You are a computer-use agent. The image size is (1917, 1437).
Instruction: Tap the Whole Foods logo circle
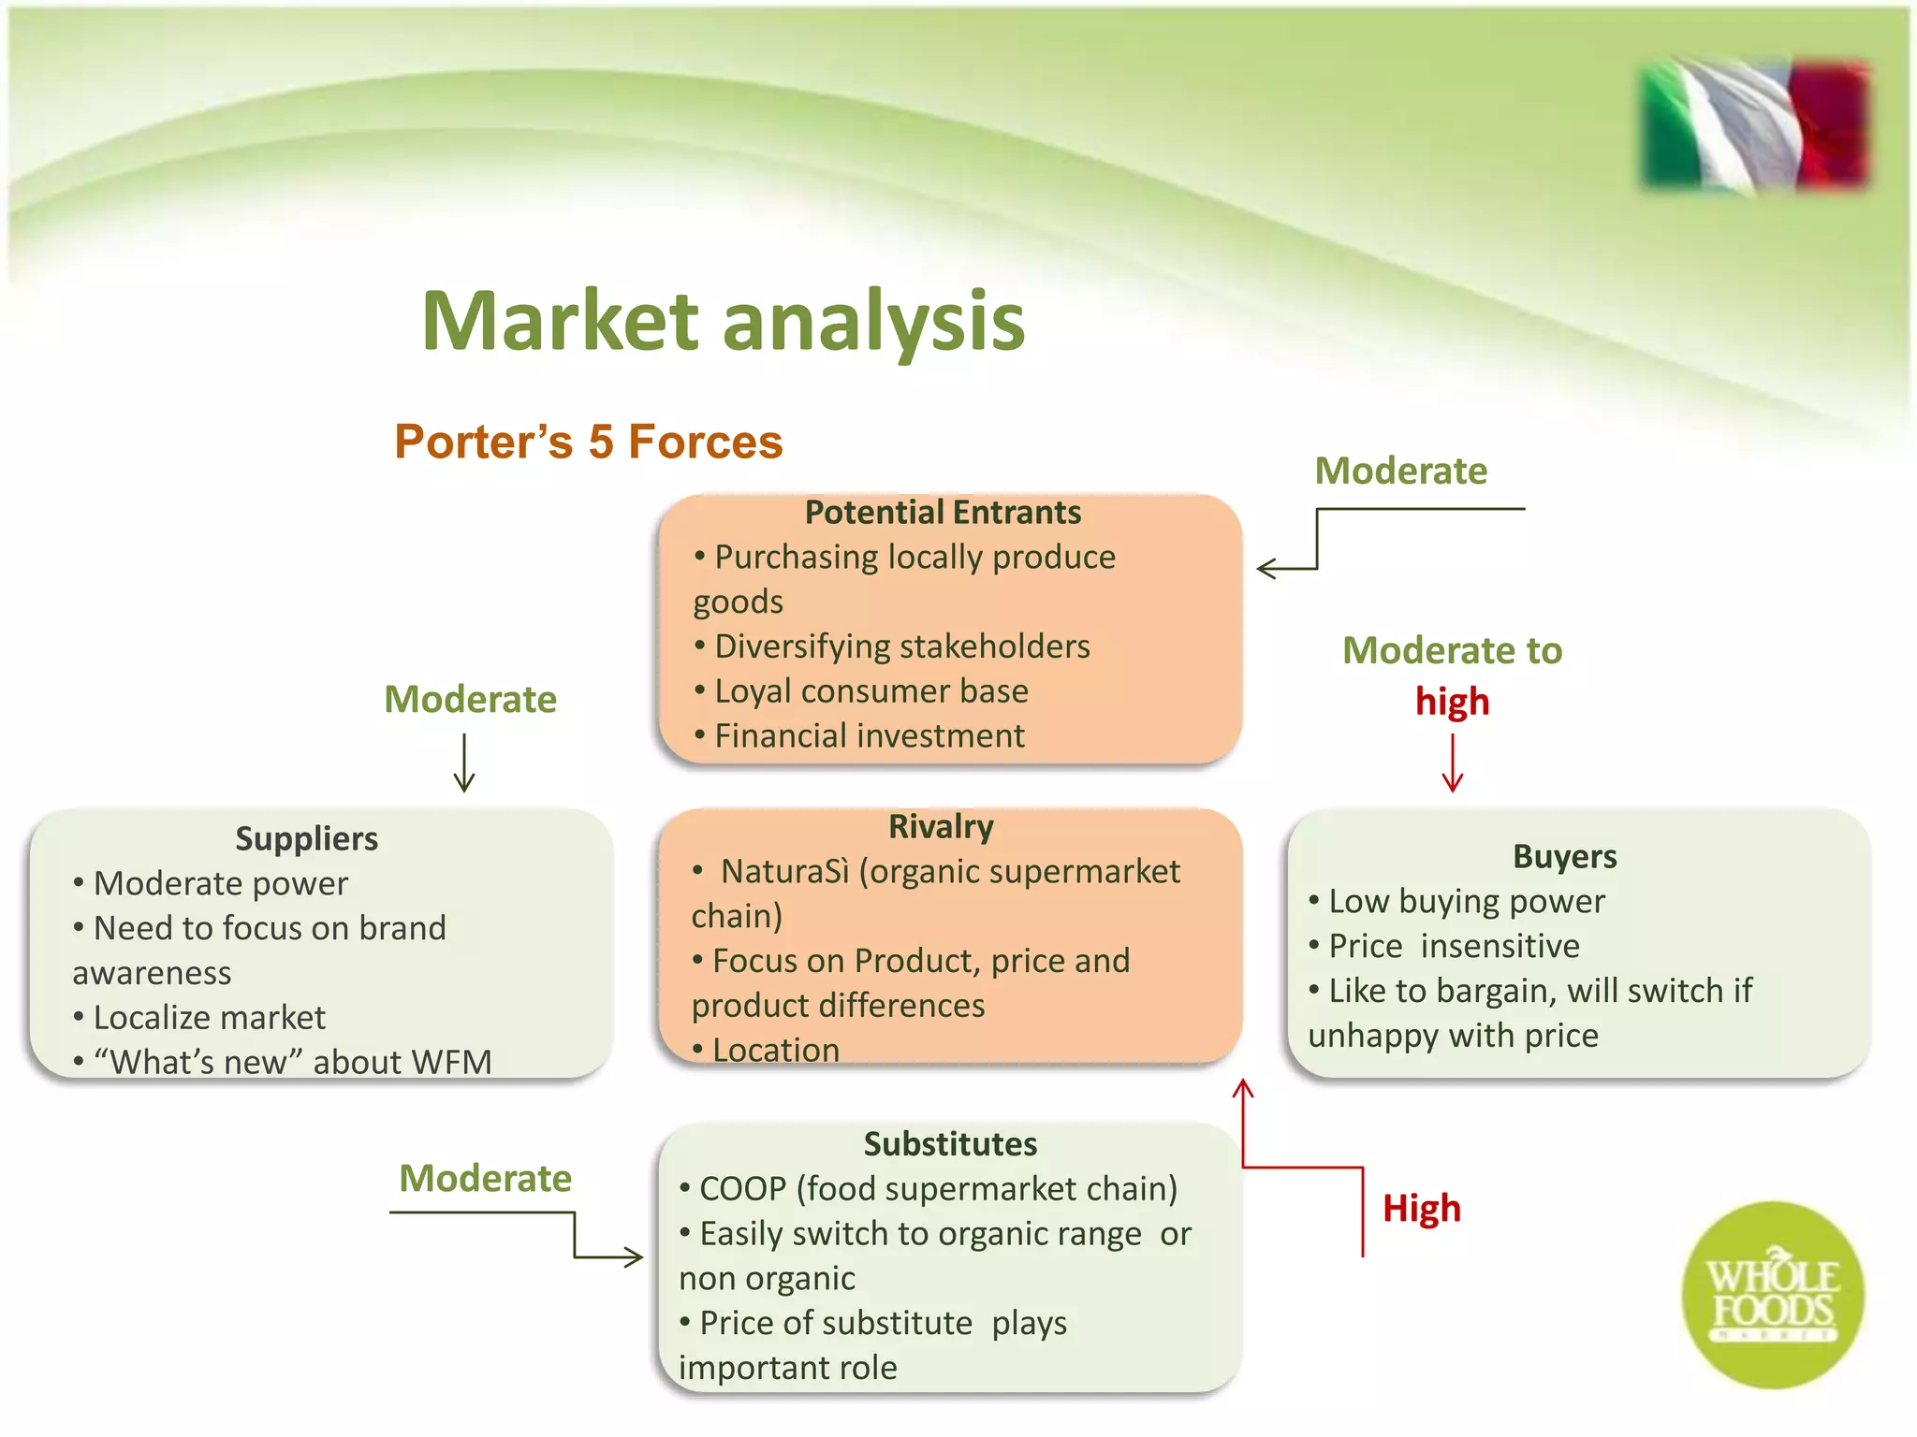coord(1772,1296)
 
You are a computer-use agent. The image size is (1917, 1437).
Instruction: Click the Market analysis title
coord(723,321)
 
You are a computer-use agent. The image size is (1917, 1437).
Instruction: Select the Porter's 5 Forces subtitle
coord(588,442)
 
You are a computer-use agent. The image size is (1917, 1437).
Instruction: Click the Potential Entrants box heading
coord(943,513)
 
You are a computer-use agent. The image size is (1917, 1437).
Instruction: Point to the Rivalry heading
coord(941,827)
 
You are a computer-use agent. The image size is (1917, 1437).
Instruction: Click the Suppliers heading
coord(306,838)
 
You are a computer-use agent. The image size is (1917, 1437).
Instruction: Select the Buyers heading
coord(1564,856)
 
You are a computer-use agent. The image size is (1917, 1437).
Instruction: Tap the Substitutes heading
coord(950,1144)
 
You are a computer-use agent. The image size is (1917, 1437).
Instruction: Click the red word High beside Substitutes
coord(1421,1209)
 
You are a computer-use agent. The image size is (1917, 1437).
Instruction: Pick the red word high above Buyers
coord(1452,702)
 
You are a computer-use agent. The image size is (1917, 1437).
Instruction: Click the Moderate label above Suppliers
coord(470,700)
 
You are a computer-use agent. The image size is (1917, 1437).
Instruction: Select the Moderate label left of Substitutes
coord(485,1179)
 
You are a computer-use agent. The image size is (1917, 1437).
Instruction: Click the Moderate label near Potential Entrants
coord(1400,471)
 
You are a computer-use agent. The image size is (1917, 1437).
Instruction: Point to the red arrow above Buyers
coord(1452,762)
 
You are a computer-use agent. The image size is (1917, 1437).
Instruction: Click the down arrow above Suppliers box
coord(464,762)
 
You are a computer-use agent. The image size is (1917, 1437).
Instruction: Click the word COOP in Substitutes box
coord(743,1189)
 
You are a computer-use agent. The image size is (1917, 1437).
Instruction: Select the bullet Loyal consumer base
coord(871,691)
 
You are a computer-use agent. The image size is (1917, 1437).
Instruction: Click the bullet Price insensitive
coord(1454,946)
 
